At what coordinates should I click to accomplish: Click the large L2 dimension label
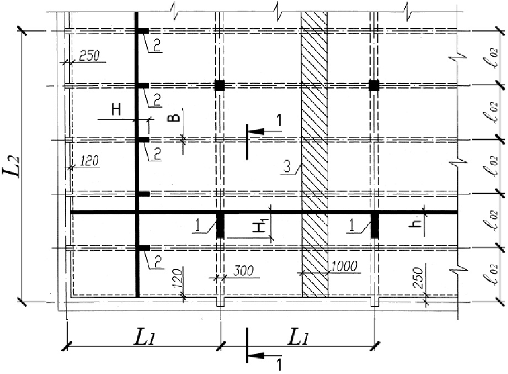[12, 166]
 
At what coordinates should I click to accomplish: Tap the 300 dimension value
[244, 271]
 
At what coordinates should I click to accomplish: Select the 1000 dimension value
[344, 266]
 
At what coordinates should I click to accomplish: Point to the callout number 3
[287, 167]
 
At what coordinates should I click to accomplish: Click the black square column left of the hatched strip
[220, 86]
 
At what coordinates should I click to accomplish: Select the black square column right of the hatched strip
[374, 86]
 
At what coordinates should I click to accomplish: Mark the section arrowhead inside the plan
[256, 131]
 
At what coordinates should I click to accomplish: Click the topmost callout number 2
[157, 46]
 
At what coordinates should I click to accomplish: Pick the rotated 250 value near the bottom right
[418, 278]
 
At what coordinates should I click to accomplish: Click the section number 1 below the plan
[279, 365]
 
